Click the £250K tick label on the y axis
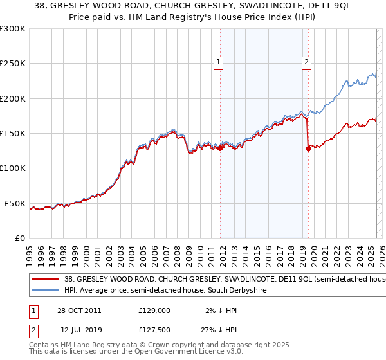pos(12,64)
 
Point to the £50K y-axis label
pos(15,203)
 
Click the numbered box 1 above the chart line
pos(219,62)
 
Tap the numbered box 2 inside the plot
pos(306,62)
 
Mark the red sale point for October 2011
pos(221,148)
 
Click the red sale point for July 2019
pos(308,149)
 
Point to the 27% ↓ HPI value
pos(223,328)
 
